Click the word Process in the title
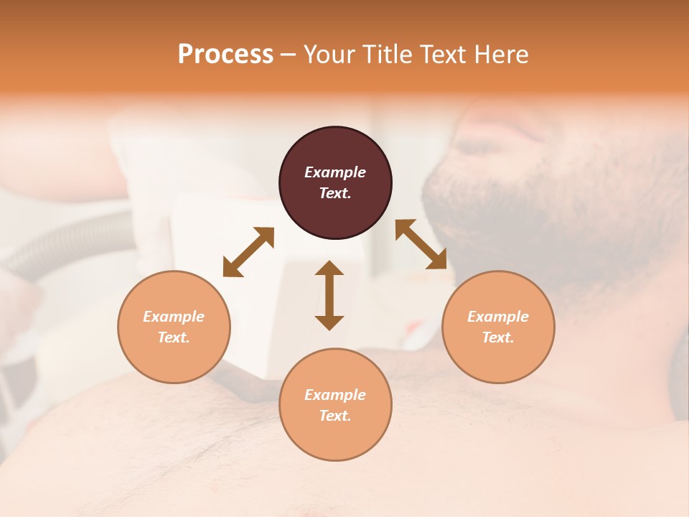click(225, 55)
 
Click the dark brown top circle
click(335, 183)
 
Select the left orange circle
click(174, 327)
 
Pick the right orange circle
click(498, 327)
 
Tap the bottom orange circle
click(335, 404)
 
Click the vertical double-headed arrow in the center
click(329, 295)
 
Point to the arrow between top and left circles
click(248, 252)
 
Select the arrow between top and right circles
click(421, 245)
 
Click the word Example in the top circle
click(335, 172)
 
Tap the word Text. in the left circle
click(174, 337)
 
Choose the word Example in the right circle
click(498, 317)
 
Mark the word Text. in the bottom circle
click(335, 416)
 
